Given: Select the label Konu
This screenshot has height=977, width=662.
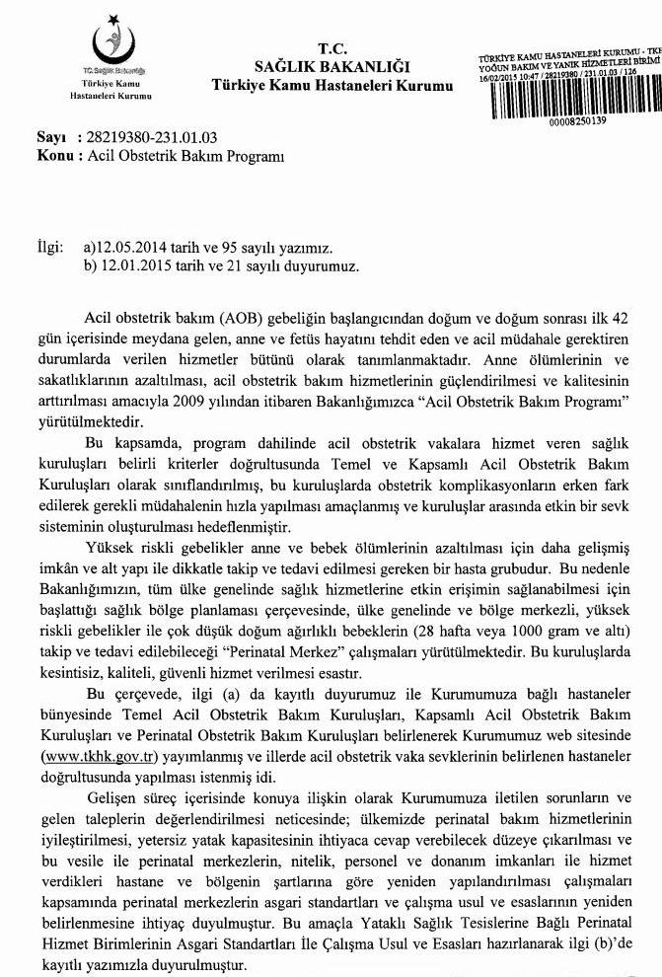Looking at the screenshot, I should click(52, 156).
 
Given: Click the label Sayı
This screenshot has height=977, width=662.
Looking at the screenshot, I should click(48, 138).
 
